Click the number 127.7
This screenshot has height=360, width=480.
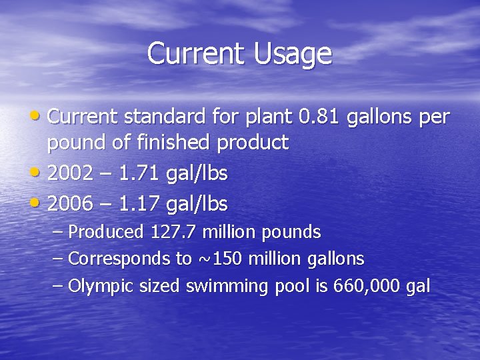point(175,233)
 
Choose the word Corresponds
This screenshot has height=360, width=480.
point(109,259)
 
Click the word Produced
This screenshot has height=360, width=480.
point(106,233)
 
